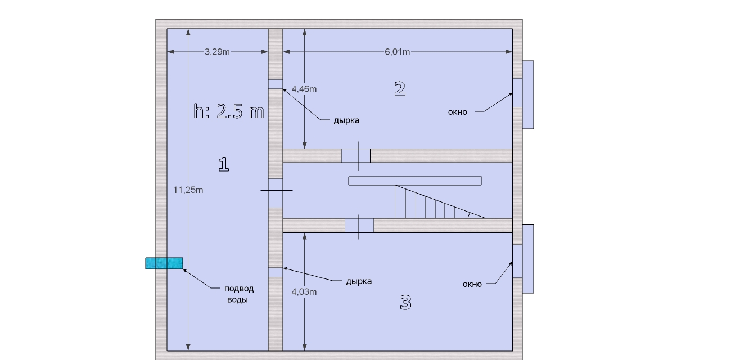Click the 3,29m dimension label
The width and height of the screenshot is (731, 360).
pyautogui.click(x=217, y=52)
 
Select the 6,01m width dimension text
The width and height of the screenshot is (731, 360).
pyautogui.click(x=397, y=52)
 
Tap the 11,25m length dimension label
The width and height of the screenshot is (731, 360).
pyautogui.click(x=188, y=190)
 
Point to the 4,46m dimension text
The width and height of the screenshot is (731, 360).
pyautogui.click(x=304, y=89)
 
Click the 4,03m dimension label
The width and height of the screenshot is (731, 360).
pyautogui.click(x=304, y=292)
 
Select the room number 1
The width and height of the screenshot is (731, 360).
pyautogui.click(x=224, y=164)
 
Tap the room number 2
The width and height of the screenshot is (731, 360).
pyautogui.click(x=400, y=89)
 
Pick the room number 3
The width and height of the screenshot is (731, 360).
pyautogui.click(x=405, y=302)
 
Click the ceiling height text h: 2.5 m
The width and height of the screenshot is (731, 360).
pyautogui.click(x=228, y=111)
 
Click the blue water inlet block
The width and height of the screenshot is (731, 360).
pyautogui.click(x=164, y=263)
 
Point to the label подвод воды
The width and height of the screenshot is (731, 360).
pyautogui.click(x=238, y=294)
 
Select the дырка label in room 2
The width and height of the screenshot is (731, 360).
pyautogui.click(x=346, y=121)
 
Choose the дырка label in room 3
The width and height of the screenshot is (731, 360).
pyautogui.click(x=359, y=281)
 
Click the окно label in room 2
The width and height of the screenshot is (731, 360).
pyautogui.click(x=458, y=112)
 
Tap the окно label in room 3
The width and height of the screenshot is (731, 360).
pyautogui.click(x=472, y=284)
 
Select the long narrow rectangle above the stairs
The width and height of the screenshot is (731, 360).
pyautogui.click(x=415, y=181)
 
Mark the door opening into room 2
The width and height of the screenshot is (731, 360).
pyautogui.click(x=356, y=156)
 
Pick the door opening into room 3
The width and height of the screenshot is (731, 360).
pyautogui.click(x=359, y=225)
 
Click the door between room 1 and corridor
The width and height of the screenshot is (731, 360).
pyautogui.click(x=276, y=193)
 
